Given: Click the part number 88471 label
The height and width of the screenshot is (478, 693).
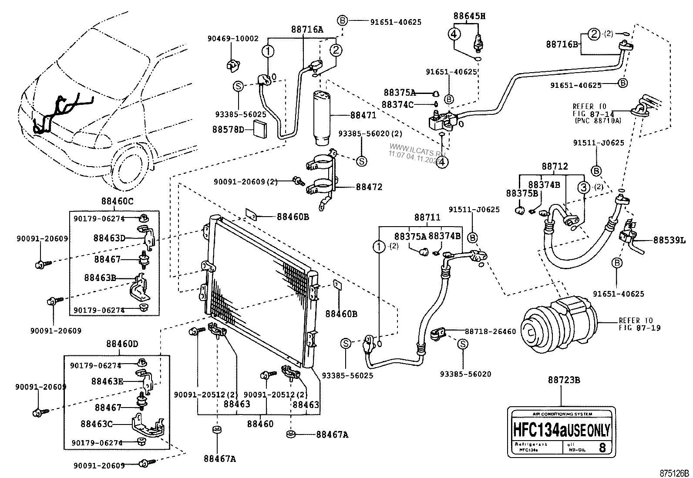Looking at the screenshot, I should pyautogui.click(x=363, y=116).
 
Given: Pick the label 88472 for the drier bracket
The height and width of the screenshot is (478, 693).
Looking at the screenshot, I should pyautogui.click(x=369, y=187).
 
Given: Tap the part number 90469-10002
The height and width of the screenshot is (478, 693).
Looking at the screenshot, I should pyautogui.click(x=233, y=39).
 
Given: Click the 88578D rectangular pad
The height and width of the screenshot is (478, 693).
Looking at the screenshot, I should pyautogui.click(x=262, y=129).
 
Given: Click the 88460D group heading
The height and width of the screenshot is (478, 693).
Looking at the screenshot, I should pyautogui.click(x=122, y=344).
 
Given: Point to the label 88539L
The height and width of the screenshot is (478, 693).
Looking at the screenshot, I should pyautogui.click(x=669, y=240).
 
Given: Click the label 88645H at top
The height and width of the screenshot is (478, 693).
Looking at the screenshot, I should pyautogui.click(x=469, y=16).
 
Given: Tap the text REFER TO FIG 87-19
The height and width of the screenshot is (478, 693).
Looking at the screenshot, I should pyautogui.click(x=639, y=324).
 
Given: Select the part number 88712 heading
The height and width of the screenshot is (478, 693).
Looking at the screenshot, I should pyautogui.click(x=555, y=167).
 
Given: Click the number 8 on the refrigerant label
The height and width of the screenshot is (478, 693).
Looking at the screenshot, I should pyautogui.click(x=602, y=448).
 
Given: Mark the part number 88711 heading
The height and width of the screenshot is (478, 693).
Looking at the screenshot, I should pyautogui.click(x=427, y=217).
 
